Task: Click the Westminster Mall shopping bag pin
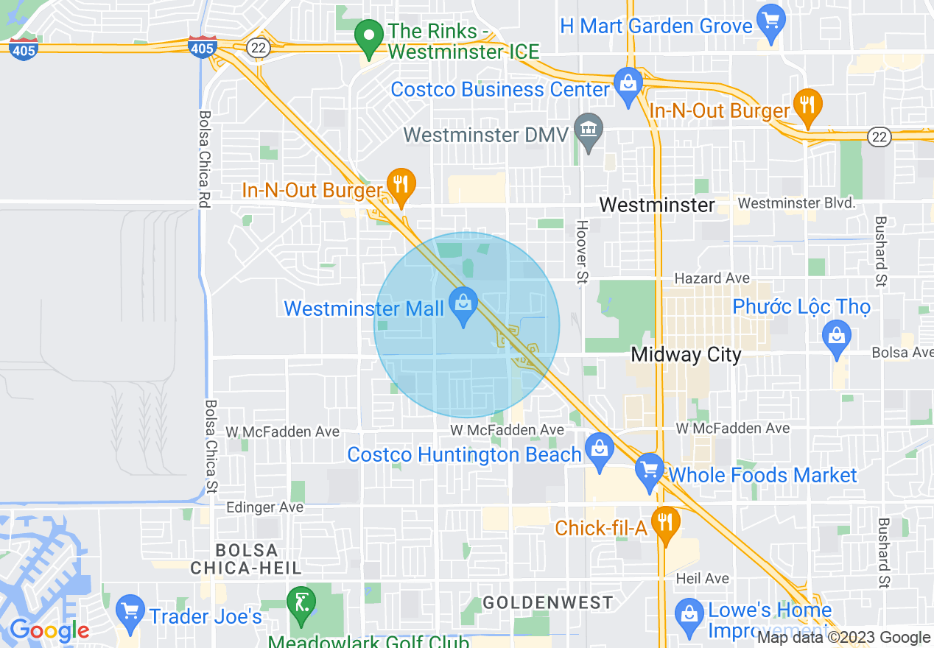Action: point(463,307)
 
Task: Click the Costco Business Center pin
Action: point(628,85)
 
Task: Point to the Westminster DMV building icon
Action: point(589,130)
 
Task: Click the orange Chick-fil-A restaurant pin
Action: point(666,524)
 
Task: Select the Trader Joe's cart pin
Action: point(130,612)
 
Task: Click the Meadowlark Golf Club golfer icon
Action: point(301,602)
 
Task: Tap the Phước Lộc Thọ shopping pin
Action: point(836,338)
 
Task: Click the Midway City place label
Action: point(686,355)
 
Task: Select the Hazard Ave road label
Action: point(712,278)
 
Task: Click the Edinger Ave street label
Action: point(264,507)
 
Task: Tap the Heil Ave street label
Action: point(702,579)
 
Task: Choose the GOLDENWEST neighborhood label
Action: point(547,603)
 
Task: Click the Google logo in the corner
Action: point(49,630)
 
